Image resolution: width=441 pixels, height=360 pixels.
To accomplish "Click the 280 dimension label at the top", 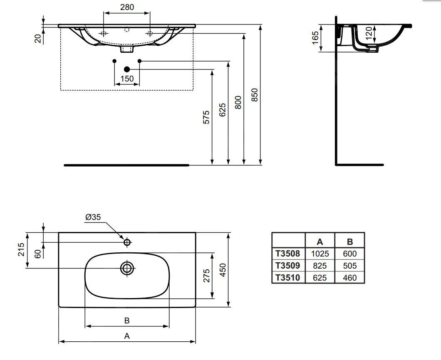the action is (127, 7).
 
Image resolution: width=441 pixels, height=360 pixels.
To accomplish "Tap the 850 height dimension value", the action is (254, 95).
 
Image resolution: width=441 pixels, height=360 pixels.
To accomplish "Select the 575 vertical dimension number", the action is (206, 117).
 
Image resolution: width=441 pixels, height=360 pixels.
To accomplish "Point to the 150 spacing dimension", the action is (127, 79).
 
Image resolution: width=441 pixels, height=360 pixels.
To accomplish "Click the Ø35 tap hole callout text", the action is (93, 217).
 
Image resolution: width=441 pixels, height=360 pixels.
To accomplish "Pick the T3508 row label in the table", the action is (288, 254).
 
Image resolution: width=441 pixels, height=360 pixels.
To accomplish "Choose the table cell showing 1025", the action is (320, 254).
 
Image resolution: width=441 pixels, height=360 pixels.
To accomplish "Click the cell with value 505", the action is (350, 266).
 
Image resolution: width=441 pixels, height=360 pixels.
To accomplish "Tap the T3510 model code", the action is (288, 278).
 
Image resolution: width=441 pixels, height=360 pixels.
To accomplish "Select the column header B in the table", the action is (350, 242).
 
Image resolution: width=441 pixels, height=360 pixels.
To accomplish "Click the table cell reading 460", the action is (350, 278).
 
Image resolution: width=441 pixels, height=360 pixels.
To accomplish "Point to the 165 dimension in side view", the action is (315, 38).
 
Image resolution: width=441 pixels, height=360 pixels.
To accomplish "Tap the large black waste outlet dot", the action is (127, 69).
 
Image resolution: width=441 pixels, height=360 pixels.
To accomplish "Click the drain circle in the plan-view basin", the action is (127, 268).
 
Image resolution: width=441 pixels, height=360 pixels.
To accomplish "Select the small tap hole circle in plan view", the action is (127, 242).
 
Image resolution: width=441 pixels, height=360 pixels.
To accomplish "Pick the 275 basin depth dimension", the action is (207, 276).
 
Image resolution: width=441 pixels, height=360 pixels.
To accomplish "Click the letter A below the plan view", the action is (127, 336).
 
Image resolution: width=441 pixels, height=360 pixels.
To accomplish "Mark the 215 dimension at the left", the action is (21, 249).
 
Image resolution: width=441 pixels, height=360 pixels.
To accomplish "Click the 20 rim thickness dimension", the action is (38, 38).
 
